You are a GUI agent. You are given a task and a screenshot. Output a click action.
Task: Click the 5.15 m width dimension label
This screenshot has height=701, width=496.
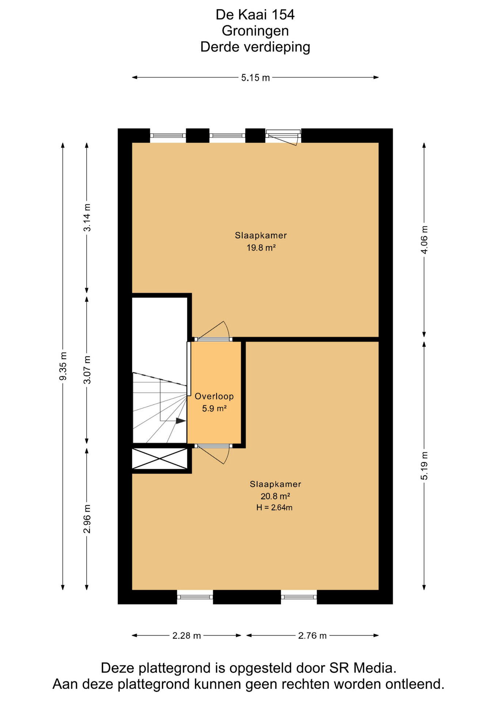255,77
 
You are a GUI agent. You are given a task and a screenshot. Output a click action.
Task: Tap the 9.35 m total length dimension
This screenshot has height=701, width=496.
63,366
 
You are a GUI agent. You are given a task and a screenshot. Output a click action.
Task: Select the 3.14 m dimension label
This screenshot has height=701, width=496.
87,217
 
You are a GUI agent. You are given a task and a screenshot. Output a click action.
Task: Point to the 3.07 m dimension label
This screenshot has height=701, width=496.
87,369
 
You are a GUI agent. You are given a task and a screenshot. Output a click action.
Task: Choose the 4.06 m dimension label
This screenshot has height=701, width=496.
424,240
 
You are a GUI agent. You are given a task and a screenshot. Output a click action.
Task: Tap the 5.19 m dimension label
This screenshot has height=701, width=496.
424,466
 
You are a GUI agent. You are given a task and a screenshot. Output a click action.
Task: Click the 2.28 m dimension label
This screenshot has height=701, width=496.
187,635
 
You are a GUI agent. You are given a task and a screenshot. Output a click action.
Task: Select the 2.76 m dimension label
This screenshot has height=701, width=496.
312,635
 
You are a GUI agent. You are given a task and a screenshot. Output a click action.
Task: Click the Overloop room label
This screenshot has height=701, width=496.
214,396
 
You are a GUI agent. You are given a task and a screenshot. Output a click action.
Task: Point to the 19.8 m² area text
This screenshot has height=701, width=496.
261,248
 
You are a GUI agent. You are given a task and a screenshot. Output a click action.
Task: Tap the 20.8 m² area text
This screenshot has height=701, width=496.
275,496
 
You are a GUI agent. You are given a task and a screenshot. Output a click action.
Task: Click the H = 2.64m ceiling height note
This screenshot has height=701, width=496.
274,507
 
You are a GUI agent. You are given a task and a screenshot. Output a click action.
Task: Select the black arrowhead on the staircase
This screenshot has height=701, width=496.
181,421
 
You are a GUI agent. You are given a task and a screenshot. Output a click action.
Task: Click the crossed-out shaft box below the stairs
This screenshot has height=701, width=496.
160,459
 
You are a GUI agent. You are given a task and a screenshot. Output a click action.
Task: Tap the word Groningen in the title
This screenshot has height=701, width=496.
255,31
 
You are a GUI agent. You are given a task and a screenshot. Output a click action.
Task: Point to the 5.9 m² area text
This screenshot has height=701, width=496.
214,408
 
